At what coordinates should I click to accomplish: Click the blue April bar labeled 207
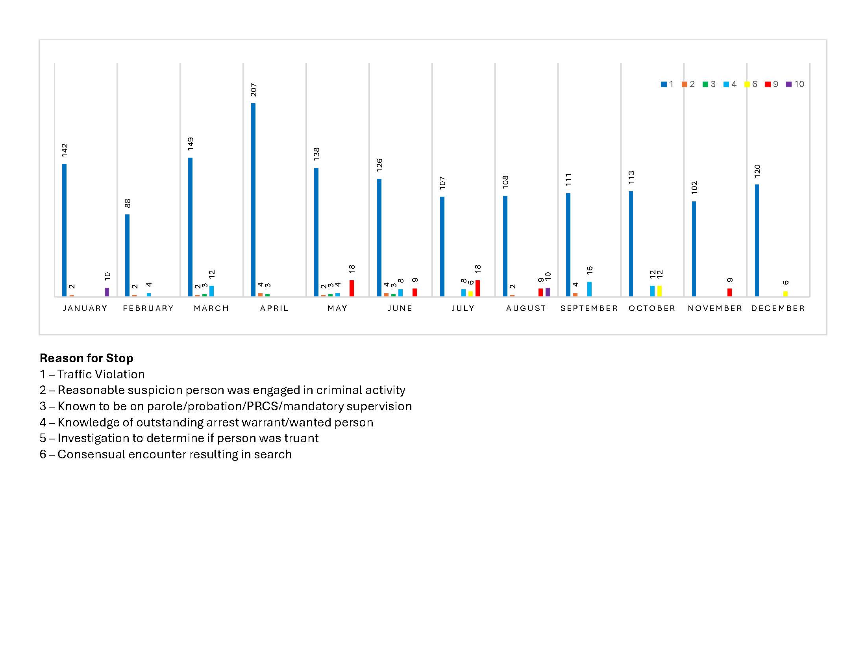[x=253, y=200]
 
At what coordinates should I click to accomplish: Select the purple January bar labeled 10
[x=107, y=292]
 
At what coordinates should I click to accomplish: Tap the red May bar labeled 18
[x=352, y=288]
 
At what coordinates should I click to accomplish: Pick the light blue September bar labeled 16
[x=590, y=289]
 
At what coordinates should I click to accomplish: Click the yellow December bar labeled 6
[x=786, y=294]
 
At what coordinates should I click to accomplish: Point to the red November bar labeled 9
[x=729, y=292]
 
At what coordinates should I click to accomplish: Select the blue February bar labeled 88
[x=127, y=255]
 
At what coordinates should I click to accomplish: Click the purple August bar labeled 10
[x=548, y=292]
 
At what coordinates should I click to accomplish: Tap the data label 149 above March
[x=191, y=144]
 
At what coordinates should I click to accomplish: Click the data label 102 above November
[x=694, y=187]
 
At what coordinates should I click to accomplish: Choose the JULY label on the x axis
[x=463, y=309]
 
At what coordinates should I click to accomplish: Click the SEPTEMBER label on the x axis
[x=589, y=309]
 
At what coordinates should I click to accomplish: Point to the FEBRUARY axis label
[x=148, y=309]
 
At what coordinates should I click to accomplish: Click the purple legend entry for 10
[x=795, y=84]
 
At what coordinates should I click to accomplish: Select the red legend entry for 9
[x=772, y=84]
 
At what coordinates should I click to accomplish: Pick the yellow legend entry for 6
[x=751, y=84]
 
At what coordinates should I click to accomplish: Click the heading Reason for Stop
[x=87, y=358]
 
